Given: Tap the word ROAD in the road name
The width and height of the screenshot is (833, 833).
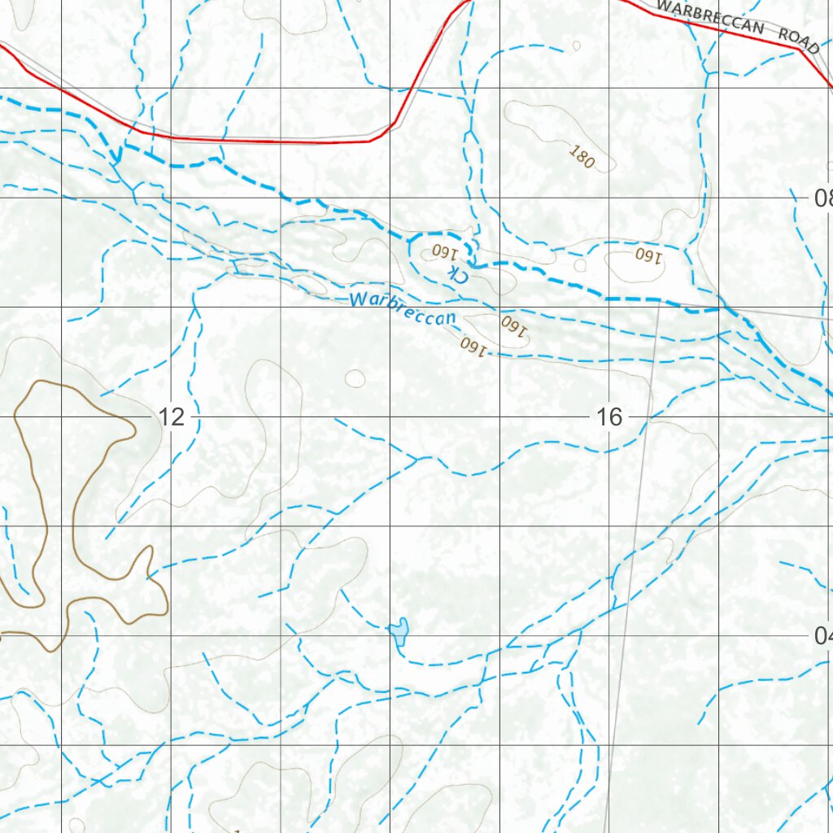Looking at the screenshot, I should (x=798, y=36).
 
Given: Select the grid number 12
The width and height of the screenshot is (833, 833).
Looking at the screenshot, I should (x=172, y=417).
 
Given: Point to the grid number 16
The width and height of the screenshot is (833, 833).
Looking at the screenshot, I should (x=608, y=417).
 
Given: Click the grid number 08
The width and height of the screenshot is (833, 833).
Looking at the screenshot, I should (x=822, y=198).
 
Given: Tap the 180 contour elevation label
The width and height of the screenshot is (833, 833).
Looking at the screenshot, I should (x=582, y=157).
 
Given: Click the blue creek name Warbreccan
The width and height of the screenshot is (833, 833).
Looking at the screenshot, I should (x=403, y=309).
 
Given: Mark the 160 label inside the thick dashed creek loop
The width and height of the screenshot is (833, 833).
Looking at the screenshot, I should (x=445, y=250).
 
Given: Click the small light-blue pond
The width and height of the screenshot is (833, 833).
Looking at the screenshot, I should (x=398, y=630).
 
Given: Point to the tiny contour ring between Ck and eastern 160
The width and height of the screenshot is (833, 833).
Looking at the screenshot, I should (x=580, y=264).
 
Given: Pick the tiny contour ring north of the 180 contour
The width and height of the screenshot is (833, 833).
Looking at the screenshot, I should (x=577, y=46).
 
